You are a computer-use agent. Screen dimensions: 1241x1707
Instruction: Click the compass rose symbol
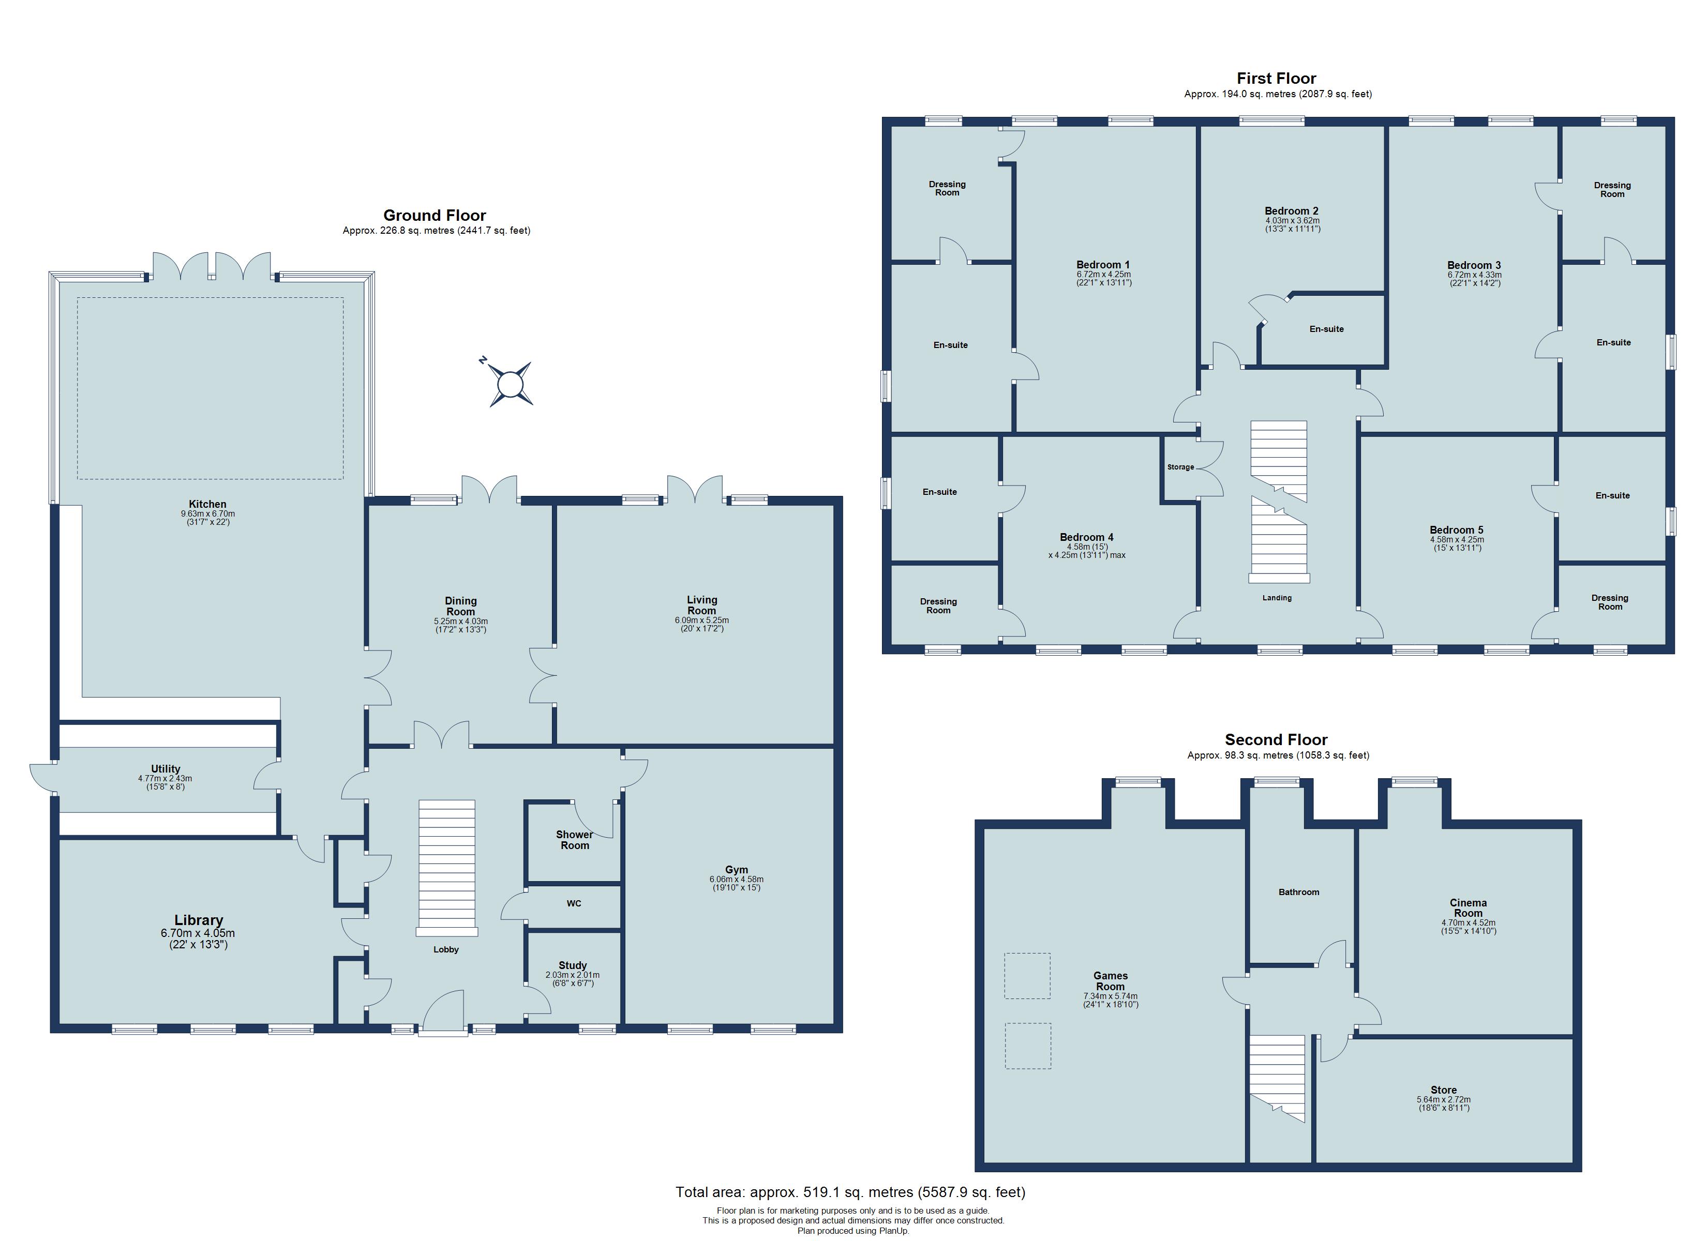click(511, 384)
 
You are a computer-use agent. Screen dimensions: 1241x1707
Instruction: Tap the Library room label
click(199, 920)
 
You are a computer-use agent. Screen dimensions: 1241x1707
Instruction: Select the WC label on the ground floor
click(574, 903)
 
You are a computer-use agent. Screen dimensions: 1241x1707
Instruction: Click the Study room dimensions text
click(572, 979)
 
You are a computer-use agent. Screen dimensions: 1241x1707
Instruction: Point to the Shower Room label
click(574, 840)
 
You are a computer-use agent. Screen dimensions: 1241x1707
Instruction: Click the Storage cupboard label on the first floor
click(1180, 467)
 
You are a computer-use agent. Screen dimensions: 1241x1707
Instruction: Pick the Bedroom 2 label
click(1292, 211)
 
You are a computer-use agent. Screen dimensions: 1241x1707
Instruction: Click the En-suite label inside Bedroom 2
click(1326, 329)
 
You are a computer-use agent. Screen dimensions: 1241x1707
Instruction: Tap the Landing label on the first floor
click(1277, 598)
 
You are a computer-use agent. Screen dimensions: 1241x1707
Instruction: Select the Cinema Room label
click(1468, 907)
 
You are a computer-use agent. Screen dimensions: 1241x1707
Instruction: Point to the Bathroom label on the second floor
click(1298, 892)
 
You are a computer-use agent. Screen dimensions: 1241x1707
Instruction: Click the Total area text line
click(850, 1192)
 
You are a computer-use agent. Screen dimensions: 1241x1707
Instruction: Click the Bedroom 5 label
click(1456, 530)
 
